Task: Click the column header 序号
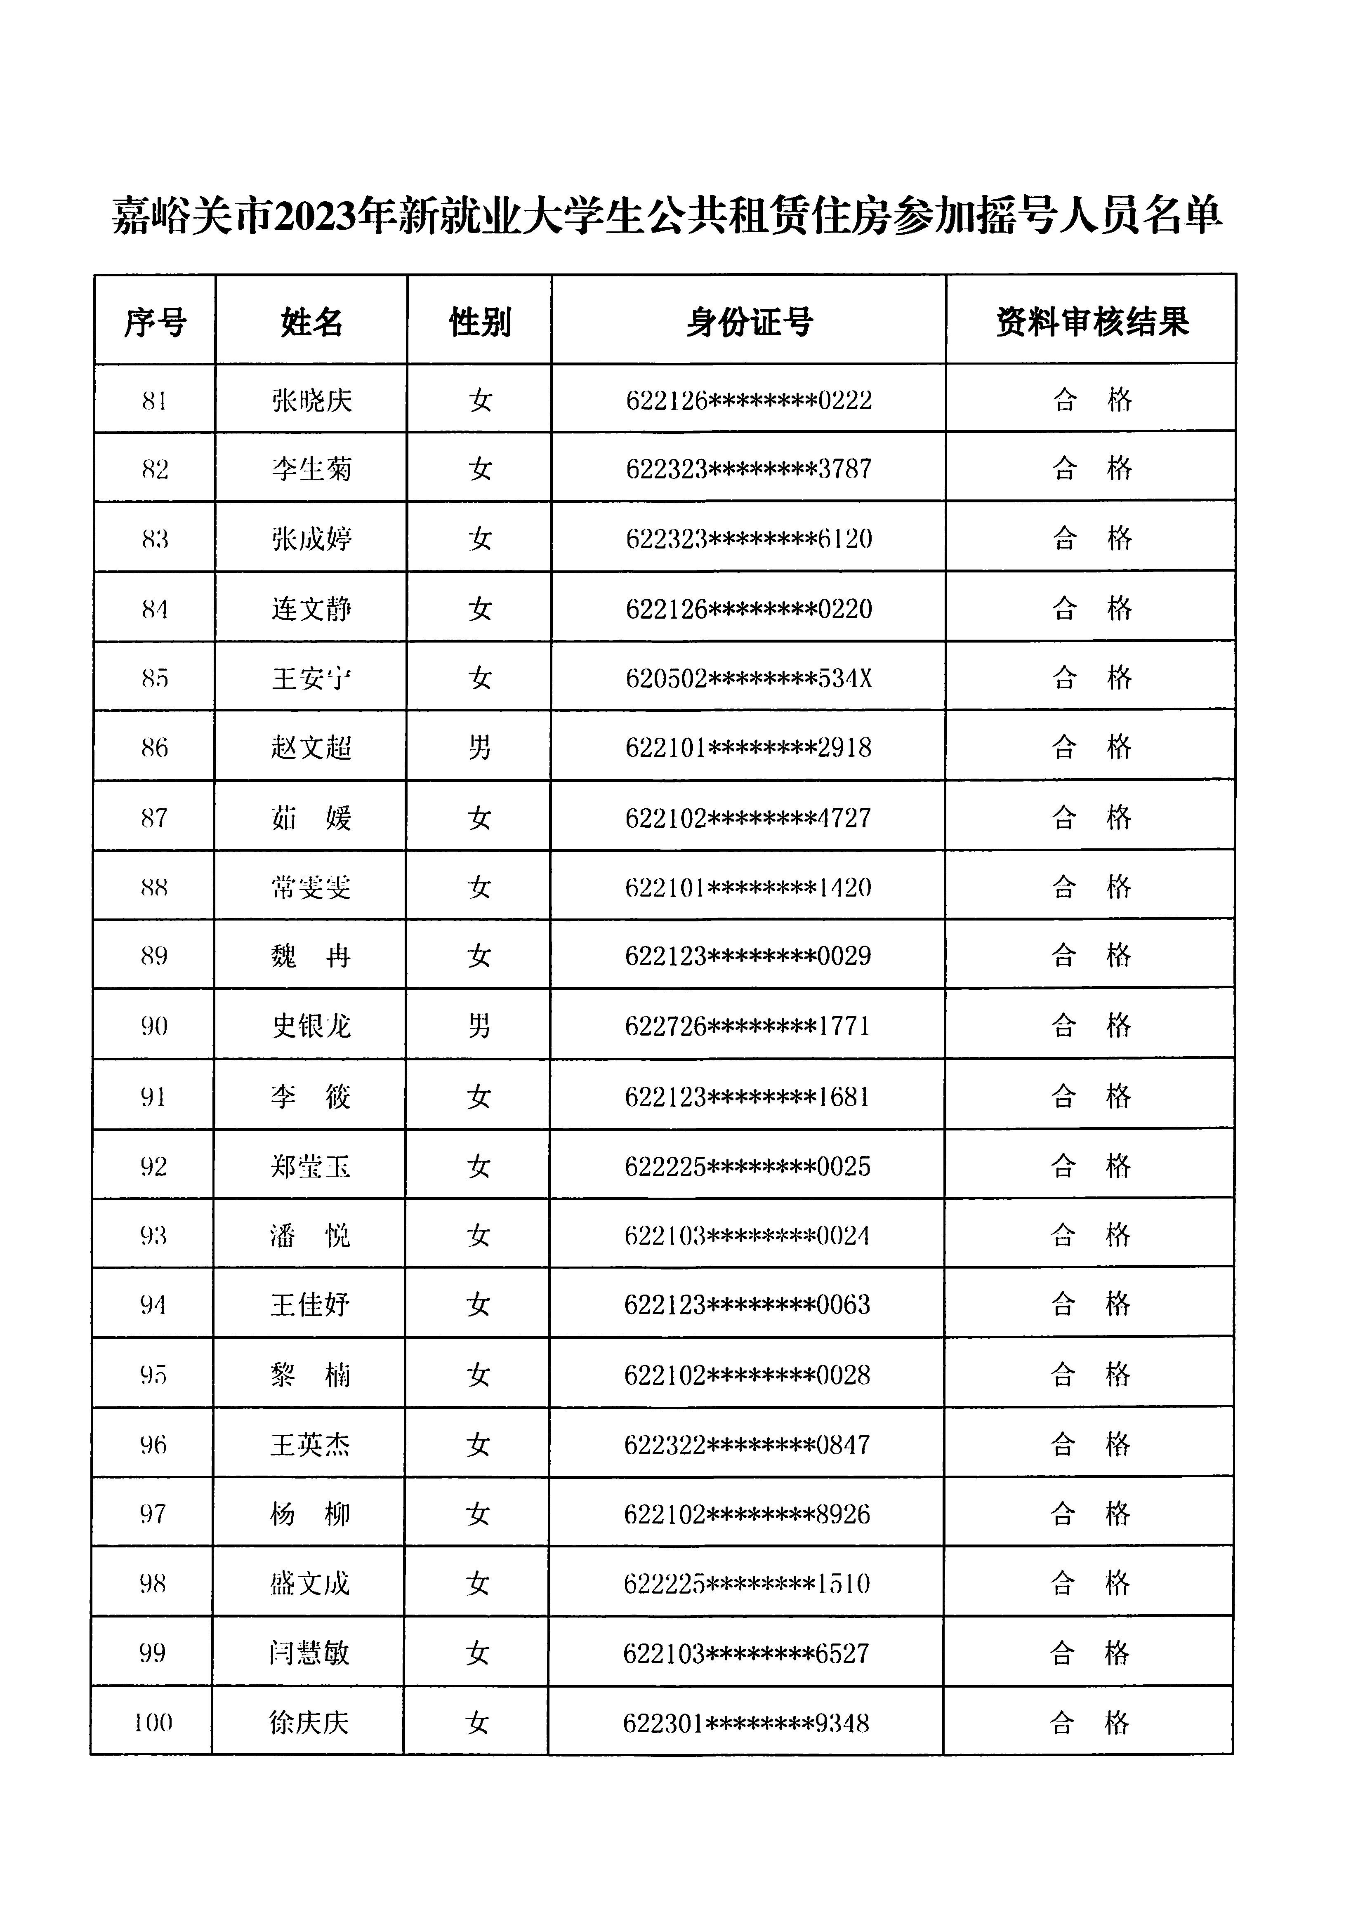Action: click(155, 321)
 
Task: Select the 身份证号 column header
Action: click(749, 321)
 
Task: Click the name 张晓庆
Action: click(311, 400)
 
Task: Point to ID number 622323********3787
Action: click(749, 469)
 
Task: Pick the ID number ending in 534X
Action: click(749, 678)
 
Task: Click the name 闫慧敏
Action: click(309, 1653)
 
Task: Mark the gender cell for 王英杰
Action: click(478, 1444)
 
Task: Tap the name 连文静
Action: click(311, 608)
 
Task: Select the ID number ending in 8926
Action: click(747, 1514)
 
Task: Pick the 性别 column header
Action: click(480, 321)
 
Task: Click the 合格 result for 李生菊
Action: click(1092, 469)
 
